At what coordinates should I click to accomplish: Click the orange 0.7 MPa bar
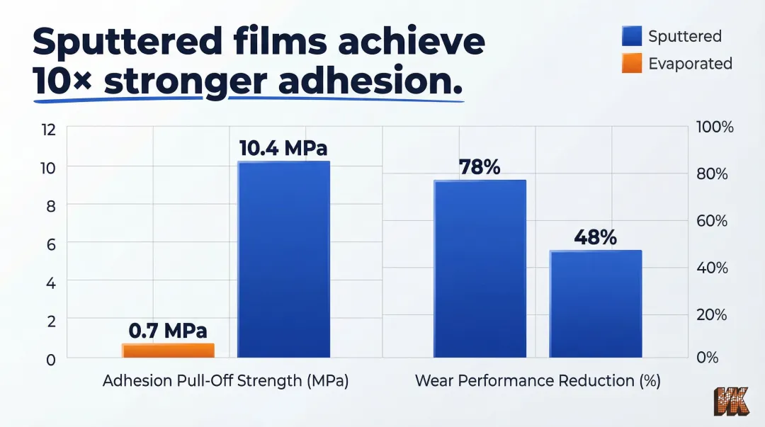[x=168, y=351]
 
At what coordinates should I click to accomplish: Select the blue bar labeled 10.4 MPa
[x=283, y=260]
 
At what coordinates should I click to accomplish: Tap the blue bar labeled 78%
[x=480, y=269]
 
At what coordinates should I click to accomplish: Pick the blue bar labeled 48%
[x=596, y=304]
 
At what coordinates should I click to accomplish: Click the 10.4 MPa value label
[x=283, y=149]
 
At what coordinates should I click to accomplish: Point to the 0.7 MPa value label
[x=168, y=331]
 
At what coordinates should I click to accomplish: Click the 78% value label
[x=480, y=167]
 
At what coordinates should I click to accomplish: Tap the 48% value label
[x=595, y=237]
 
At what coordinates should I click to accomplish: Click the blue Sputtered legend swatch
[x=632, y=36]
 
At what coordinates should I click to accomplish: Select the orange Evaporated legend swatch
[x=632, y=63]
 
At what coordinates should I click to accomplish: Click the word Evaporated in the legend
[x=690, y=63]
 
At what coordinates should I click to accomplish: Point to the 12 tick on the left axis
[x=47, y=130]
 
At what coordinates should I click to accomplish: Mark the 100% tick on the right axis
[x=715, y=127]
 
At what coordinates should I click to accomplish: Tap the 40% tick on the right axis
[x=712, y=268]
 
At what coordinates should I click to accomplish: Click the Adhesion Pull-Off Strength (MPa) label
[x=226, y=381]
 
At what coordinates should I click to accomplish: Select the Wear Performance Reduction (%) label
[x=538, y=381]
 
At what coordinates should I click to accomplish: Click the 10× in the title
[x=63, y=83]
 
